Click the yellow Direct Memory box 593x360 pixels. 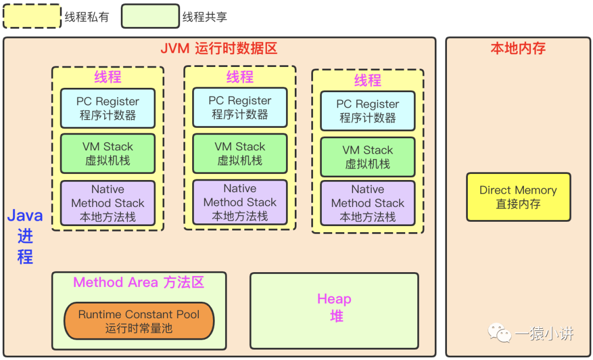pos(518,197)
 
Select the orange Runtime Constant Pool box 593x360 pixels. pos(139,322)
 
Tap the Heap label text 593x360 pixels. pos(334,300)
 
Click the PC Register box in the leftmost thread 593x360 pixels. pos(108,108)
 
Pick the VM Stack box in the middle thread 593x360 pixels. pos(240,154)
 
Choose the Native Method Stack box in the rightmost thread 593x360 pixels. pos(368,203)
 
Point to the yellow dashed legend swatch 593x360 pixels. pos(32,16)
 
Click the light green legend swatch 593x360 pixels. pos(150,16)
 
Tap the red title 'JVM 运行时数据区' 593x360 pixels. pos(219,48)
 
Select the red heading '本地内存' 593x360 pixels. pos(518,48)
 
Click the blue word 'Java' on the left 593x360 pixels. pos(25,216)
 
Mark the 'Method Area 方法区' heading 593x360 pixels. pos(139,283)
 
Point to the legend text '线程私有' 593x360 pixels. pos(87,17)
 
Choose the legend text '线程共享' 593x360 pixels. pos(205,17)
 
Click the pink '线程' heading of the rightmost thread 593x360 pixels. pos(368,81)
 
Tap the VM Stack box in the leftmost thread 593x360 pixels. pos(108,154)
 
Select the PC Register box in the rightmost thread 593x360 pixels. pos(368,111)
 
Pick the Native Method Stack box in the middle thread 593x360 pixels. pos(240,203)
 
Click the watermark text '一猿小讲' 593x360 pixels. pos(544,333)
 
